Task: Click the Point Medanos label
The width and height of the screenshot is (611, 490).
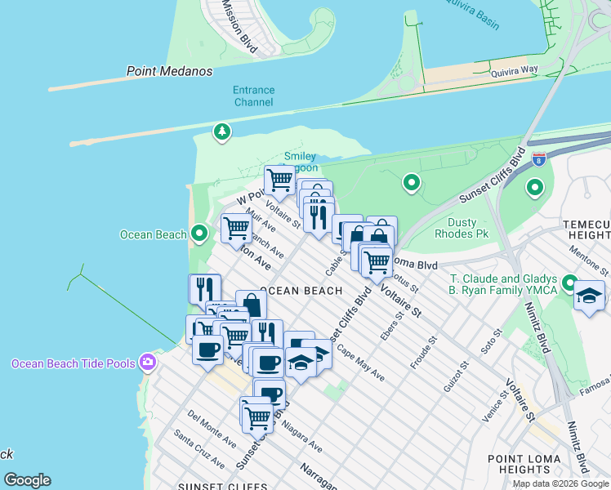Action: click(x=170, y=71)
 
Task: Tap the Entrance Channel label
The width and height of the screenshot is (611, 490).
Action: click(x=253, y=96)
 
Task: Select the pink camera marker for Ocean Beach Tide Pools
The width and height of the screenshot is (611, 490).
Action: click(x=148, y=361)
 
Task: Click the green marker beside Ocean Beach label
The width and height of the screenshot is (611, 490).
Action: click(x=199, y=234)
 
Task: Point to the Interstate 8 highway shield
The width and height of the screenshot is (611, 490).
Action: click(x=538, y=158)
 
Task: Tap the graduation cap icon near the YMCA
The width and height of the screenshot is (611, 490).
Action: click(x=588, y=296)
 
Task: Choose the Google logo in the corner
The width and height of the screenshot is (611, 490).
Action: click(x=27, y=480)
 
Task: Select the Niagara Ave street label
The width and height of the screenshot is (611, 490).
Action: click(x=303, y=440)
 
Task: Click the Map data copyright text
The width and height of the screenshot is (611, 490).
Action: click(x=560, y=483)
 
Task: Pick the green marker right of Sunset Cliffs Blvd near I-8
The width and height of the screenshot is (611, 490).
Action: click(x=534, y=189)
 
